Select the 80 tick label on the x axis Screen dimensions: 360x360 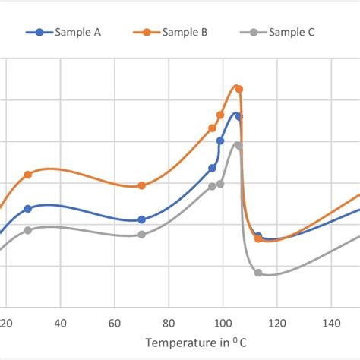click(x=169, y=321)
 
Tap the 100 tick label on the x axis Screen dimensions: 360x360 click(x=223, y=321)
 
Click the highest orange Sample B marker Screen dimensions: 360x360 click(x=239, y=89)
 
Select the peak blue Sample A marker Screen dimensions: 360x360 click(x=238, y=116)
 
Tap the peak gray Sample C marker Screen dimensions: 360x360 click(x=238, y=145)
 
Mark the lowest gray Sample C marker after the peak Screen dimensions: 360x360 click(x=258, y=273)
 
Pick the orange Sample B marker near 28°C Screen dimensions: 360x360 click(x=28, y=175)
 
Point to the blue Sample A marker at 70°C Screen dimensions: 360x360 click(x=142, y=219)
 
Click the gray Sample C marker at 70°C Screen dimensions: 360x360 click(x=142, y=235)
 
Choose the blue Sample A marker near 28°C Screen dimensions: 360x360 click(x=28, y=208)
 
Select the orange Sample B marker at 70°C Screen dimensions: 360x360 click(x=142, y=185)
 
